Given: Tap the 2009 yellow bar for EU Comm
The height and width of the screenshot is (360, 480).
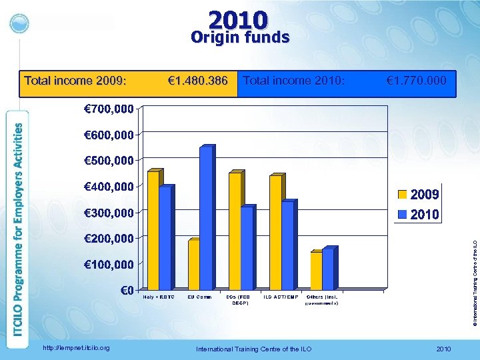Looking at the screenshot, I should click(x=194, y=265).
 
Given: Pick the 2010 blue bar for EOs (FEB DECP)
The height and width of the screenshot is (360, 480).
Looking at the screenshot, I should click(x=247, y=248).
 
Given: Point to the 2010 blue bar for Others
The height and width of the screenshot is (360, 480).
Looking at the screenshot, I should click(x=328, y=269).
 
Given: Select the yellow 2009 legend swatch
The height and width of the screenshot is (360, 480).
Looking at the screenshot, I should click(x=403, y=195).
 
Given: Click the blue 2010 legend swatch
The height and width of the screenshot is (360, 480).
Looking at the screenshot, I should click(x=403, y=214).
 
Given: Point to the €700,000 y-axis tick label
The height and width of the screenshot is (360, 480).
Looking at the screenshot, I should click(x=109, y=108).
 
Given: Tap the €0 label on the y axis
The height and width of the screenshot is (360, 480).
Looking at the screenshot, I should click(x=127, y=290).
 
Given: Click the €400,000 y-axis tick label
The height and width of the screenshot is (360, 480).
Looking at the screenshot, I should click(x=109, y=186).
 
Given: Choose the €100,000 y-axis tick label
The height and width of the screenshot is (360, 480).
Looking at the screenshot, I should click(x=109, y=264).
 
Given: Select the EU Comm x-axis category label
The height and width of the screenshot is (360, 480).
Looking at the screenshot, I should click(x=199, y=297).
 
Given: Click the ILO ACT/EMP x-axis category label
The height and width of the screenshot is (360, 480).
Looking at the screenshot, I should click(x=281, y=297).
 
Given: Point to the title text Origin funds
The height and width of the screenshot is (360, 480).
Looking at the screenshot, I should click(x=240, y=37).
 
